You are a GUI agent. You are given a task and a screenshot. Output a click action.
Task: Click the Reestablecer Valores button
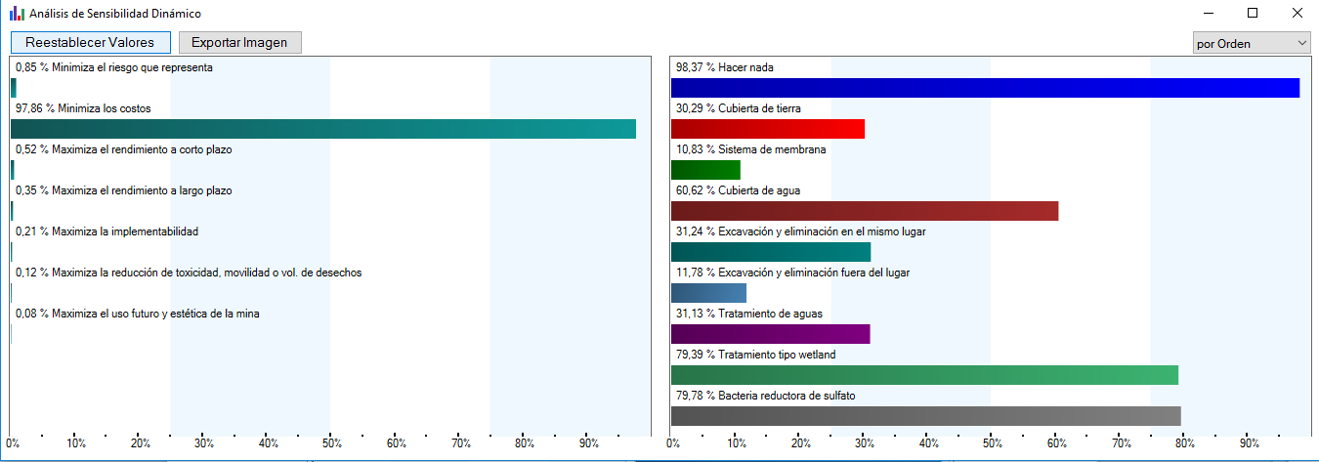coord(91,42)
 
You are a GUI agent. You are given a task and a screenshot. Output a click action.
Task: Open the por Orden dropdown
coord(1252,44)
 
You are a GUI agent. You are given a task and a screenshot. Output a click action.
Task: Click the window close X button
coord(1298,13)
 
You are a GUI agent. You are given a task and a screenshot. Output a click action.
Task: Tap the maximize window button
coord(1253,13)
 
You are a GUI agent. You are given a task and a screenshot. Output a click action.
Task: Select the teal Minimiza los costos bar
coord(323,129)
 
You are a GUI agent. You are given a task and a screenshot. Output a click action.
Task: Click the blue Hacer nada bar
coord(985,88)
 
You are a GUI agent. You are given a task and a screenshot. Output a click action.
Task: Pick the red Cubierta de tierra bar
coord(768,129)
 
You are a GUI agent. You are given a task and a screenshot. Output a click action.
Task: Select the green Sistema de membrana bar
coord(705,170)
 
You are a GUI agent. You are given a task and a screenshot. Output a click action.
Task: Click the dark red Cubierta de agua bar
coord(865,211)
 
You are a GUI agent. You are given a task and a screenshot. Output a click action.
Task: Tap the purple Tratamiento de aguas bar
coord(770,334)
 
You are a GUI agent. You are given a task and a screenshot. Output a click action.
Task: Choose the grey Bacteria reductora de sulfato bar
coord(925,416)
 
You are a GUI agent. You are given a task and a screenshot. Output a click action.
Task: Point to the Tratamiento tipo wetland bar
coord(924,375)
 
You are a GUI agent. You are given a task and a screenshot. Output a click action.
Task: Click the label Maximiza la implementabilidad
coord(125,231)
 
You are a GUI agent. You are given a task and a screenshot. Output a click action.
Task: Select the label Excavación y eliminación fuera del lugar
coord(814,273)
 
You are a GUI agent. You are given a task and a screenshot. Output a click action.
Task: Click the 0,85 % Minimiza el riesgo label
coord(114,67)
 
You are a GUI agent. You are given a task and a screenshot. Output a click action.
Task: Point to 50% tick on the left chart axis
coord(332,443)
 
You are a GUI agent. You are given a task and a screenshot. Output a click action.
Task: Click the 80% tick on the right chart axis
coord(1185,443)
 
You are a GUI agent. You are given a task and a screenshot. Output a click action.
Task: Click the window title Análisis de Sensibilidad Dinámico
coord(115,14)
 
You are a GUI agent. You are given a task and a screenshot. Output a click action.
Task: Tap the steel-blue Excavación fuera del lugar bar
coord(708,293)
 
